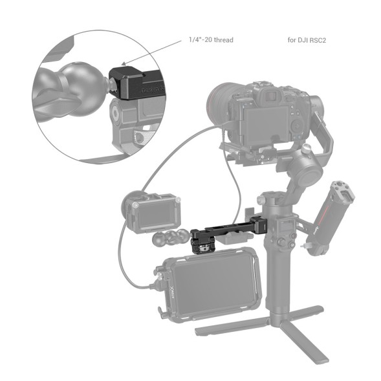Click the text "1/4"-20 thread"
[x=211, y=40]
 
